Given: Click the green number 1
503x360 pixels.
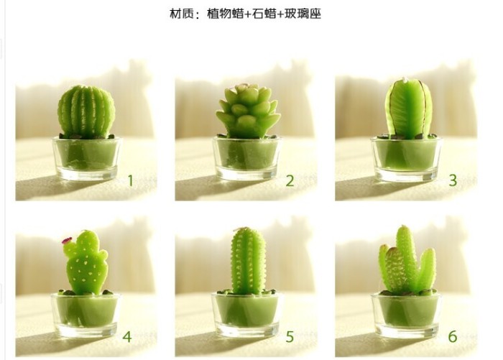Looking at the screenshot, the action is (130, 180).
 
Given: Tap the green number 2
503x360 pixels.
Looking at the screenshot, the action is (290, 181).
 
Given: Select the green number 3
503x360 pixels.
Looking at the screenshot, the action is (453, 180).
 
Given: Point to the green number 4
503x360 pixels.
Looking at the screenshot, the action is (127, 336).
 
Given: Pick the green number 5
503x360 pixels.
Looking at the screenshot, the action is (290, 337).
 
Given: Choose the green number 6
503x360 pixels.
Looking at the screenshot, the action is (452, 336).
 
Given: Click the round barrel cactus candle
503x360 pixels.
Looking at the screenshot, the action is (86, 111).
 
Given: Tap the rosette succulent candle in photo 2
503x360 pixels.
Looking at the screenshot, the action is (247, 111).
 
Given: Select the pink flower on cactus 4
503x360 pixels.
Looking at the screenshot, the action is (67, 240).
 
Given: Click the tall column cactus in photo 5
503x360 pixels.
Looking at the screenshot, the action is (248, 261).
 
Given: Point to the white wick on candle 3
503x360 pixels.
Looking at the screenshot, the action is (405, 79).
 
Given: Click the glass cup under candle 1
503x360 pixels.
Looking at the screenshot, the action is (87, 158).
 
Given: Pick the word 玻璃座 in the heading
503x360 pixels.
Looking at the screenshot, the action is (303, 14).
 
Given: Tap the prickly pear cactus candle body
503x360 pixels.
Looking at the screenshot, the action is (86, 263).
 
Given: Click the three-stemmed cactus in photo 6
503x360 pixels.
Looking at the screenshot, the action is (407, 260).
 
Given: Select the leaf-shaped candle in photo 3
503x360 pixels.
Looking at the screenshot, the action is (409, 109).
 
